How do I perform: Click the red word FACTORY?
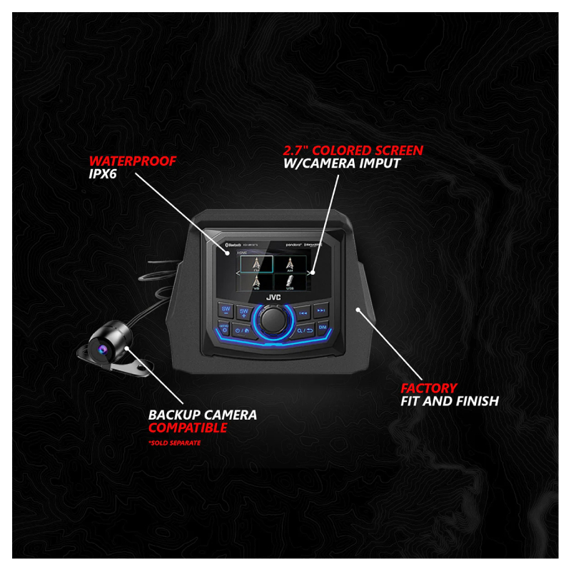click(428, 388)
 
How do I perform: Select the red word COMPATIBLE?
click(187, 428)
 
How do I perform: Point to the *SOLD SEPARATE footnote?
click(174, 443)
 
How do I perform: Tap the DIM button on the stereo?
click(322, 328)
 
